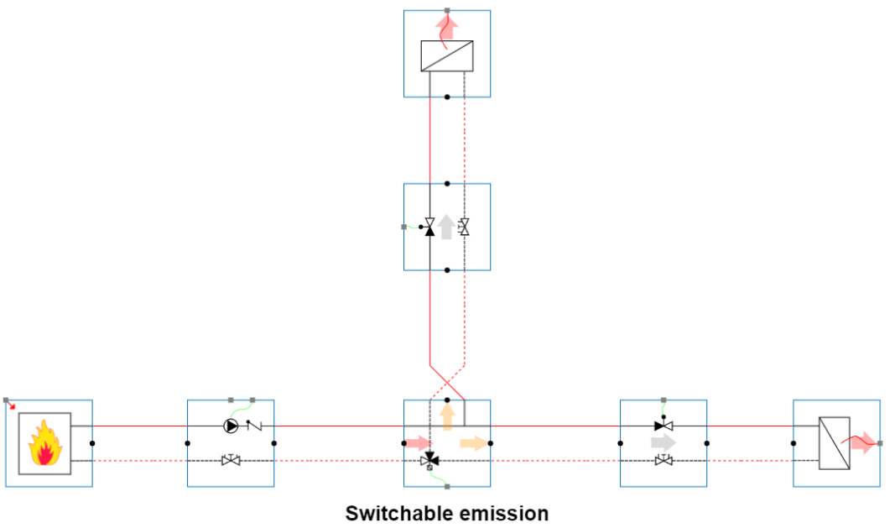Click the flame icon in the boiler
[45, 443]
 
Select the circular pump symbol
[230, 426]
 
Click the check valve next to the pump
[253, 426]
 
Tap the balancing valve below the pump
[231, 460]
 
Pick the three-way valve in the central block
[430, 459]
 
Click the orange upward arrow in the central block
[447, 417]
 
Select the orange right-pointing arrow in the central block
[472, 443]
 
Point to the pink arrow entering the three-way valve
[416, 443]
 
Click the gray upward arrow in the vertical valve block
[447, 227]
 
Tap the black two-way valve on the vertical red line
[430, 227]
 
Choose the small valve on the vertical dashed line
[464, 227]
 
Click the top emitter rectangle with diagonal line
[447, 56]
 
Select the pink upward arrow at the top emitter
[447, 27]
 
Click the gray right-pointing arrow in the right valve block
[663, 442]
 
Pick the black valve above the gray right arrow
[663, 426]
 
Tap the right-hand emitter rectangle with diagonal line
[835, 442]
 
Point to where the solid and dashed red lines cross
[447, 374]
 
